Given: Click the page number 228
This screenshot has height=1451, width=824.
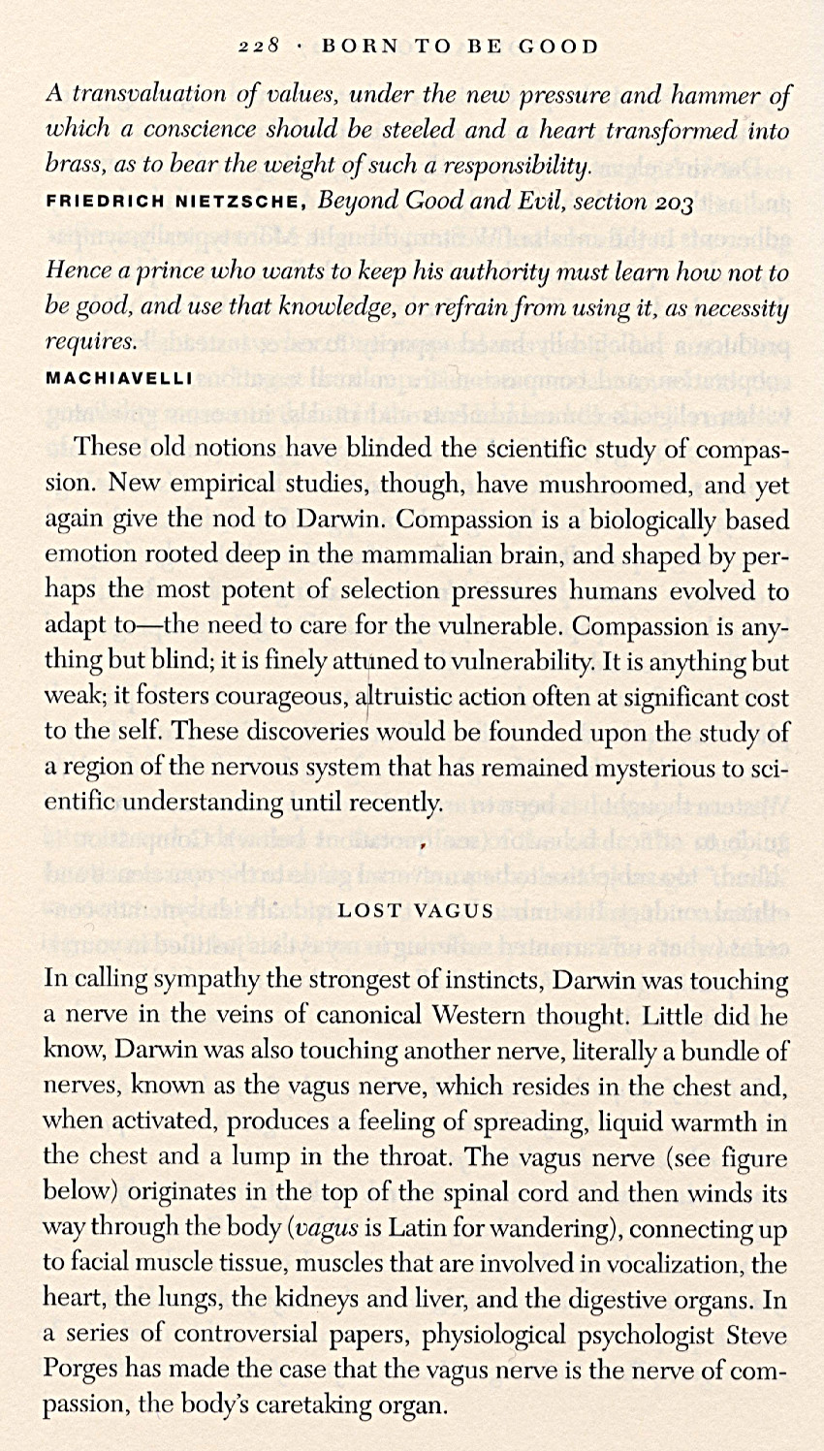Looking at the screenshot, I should [x=259, y=46].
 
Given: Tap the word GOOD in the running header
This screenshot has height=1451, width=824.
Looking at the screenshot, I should [x=556, y=46].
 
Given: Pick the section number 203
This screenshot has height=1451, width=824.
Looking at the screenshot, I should [x=673, y=201].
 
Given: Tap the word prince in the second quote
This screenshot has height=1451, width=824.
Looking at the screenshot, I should [x=158, y=271].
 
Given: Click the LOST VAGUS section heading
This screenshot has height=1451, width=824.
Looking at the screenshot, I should [x=416, y=911].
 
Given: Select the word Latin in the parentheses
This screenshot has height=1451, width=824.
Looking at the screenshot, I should [x=413, y=1228].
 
